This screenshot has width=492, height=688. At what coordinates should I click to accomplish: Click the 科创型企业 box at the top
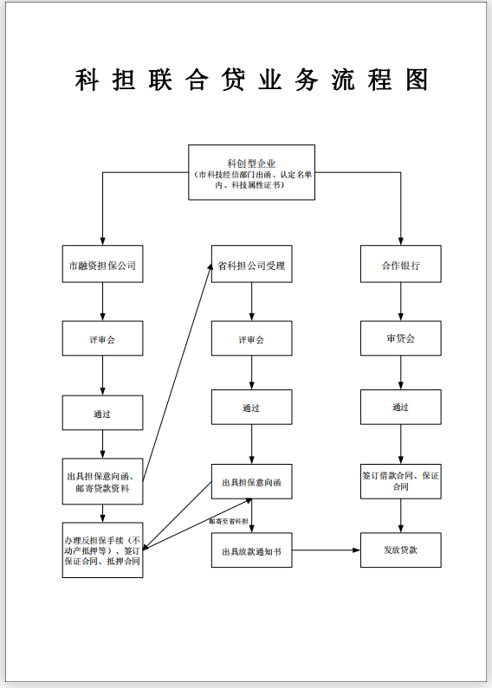(251, 172)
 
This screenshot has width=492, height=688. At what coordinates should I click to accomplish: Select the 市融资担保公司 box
(102, 265)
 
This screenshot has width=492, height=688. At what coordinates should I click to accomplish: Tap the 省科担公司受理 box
(251, 265)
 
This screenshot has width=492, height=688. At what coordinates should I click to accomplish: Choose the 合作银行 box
(400, 265)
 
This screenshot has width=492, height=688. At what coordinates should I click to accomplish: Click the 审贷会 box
(400, 338)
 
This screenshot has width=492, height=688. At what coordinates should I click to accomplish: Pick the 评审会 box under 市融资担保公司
(102, 339)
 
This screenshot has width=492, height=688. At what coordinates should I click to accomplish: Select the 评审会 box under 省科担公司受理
(251, 339)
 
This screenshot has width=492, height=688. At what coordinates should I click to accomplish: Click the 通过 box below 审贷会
(400, 407)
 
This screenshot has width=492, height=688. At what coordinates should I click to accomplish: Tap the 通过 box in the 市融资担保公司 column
(102, 414)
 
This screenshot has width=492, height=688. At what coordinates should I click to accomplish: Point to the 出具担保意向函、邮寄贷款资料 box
(102, 482)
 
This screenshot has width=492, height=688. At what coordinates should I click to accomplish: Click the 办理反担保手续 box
(102, 550)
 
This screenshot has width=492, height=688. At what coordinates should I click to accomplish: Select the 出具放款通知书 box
(251, 550)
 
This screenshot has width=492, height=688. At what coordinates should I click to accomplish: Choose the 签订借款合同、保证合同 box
(400, 481)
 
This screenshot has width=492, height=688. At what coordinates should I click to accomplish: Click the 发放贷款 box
(400, 550)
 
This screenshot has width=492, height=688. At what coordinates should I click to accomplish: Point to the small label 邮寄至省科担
(229, 521)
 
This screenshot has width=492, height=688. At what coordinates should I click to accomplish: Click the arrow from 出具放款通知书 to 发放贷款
(326, 550)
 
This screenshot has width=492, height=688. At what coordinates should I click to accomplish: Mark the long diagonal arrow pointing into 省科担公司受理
(178, 368)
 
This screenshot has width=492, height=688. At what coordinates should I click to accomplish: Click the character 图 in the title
(416, 80)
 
